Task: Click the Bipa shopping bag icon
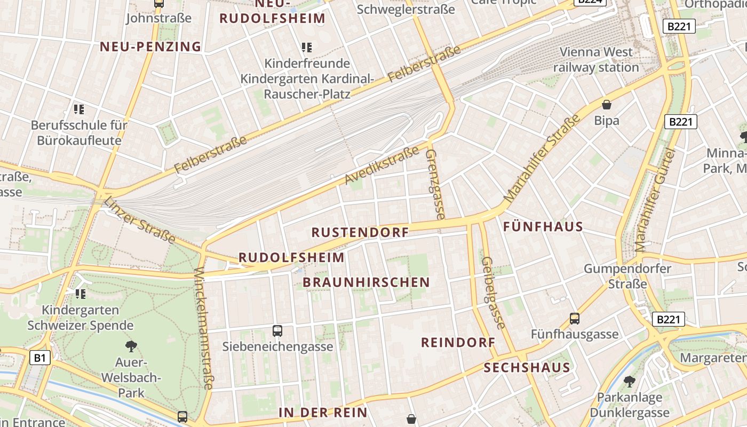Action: click(606, 105)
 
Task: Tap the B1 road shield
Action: click(40, 358)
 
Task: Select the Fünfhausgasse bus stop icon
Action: click(575, 319)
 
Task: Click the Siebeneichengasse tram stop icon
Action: click(277, 330)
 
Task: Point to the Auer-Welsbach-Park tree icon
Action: click(131, 346)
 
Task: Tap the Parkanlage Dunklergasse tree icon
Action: click(630, 381)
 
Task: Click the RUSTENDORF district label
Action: click(360, 232)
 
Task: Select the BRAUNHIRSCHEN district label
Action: click(366, 282)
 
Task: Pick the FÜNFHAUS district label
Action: click(543, 227)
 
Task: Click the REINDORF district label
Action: click(458, 343)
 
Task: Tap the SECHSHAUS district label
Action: click(527, 367)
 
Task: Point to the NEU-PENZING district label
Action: click(150, 46)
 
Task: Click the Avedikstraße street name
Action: click(382, 165)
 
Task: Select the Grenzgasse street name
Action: click(435, 184)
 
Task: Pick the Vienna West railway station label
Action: click(596, 60)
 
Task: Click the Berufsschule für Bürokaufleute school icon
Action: click(79, 109)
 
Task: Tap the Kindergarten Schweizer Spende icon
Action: click(81, 294)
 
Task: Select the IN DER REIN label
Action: click(323, 412)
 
